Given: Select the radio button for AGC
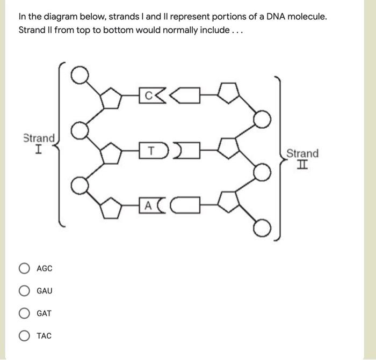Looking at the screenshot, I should click(24, 268).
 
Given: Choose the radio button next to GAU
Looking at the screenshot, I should click(24, 291).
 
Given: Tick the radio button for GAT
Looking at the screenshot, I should click(24, 313).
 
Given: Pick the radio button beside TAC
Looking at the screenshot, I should click(24, 336).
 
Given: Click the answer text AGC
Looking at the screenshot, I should click(45, 268).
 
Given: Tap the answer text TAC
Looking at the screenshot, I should click(44, 336).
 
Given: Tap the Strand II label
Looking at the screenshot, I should click(302, 159).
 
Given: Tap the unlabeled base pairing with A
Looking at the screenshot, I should click(184, 204).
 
